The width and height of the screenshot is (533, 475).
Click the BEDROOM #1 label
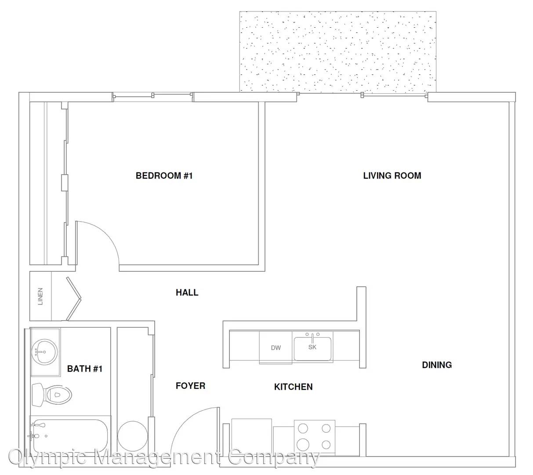[164, 175]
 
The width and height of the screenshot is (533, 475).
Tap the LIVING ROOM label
[392, 175]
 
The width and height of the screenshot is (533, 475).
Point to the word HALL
[187, 292]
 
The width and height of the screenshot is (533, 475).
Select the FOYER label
[190, 386]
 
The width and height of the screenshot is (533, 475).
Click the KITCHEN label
[294, 387]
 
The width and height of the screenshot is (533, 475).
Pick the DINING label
[437, 365]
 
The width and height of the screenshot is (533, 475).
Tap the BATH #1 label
[85, 369]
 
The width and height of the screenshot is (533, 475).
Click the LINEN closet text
[40, 296]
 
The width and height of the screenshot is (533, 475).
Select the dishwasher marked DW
[276, 347]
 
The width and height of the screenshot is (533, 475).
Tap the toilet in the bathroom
[52, 395]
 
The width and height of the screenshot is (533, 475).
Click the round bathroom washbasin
[44, 351]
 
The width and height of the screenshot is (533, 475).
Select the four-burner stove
[314, 437]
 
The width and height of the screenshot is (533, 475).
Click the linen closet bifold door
[74, 299]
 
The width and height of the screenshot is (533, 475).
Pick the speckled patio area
[338, 51]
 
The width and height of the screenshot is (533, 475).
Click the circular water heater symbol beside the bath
[133, 436]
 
